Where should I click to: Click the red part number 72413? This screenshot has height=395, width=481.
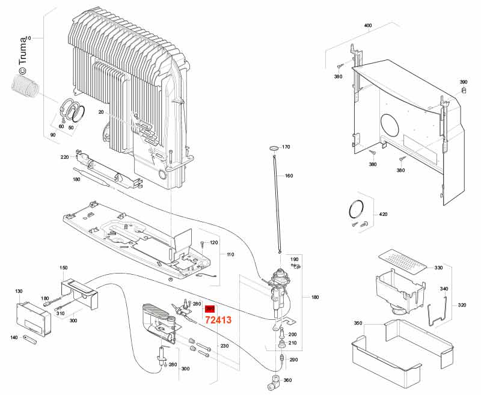pyautogui.click(x=218, y=320)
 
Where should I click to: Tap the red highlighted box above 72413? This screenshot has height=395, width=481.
pyautogui.click(x=210, y=308)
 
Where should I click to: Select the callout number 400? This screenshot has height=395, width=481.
pyautogui.click(x=368, y=26)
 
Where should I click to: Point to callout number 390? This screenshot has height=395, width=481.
pyautogui.click(x=463, y=82)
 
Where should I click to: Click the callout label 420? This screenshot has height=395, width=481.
pyautogui.click(x=383, y=214)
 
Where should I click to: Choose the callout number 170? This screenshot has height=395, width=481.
pyautogui.click(x=286, y=147)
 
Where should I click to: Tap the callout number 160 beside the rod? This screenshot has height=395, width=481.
pyautogui.click(x=289, y=176)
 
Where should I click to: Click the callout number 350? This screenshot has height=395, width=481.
pyautogui.click(x=358, y=323)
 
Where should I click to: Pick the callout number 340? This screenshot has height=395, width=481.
pyautogui.click(x=444, y=289)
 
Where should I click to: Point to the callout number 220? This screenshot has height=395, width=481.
pyautogui.click(x=64, y=157)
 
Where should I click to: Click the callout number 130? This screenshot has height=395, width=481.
pyautogui.click(x=18, y=291)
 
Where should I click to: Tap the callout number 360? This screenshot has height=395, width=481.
pyautogui.click(x=287, y=380)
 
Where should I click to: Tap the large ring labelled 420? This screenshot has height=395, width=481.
pyautogui.click(x=357, y=209)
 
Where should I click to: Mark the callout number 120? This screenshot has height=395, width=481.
pyautogui.click(x=213, y=243)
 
